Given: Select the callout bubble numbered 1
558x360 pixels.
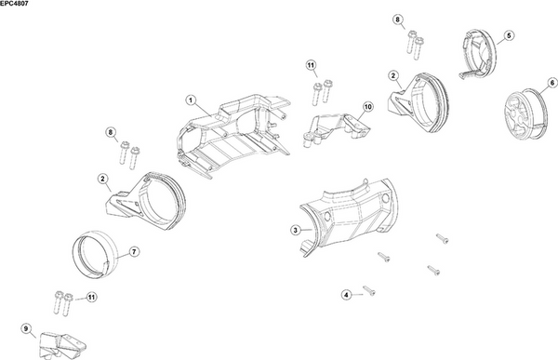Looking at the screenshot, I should click(x=190, y=99).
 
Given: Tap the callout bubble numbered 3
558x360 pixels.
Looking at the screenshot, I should click(x=295, y=229).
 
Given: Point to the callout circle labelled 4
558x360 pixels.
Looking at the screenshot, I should click(x=346, y=294).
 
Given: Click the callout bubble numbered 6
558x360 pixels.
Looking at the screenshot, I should click(x=539, y=83).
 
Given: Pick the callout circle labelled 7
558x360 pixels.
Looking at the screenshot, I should click(x=134, y=251).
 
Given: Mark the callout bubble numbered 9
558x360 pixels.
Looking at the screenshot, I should click(x=26, y=327).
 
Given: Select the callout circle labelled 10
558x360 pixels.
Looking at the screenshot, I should click(x=367, y=108).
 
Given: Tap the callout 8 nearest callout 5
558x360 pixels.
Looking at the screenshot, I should click(x=398, y=20).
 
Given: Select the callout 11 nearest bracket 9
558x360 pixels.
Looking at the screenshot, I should click(x=92, y=298).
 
